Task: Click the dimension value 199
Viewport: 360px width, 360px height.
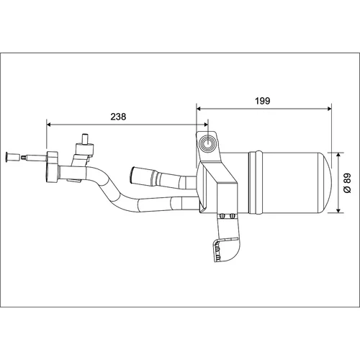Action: (263, 101)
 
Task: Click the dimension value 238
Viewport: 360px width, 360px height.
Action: (118, 117)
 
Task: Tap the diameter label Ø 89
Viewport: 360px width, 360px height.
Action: (347, 183)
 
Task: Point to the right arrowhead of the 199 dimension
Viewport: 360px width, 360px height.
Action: (329, 109)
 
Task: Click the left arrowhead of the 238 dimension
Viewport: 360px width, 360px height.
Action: (49, 125)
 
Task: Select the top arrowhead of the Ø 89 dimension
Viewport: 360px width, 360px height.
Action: (338, 155)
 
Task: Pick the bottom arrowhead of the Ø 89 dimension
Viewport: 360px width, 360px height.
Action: (338, 210)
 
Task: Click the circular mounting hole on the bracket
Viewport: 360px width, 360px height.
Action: (207, 143)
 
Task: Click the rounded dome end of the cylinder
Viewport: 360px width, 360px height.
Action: (326, 182)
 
